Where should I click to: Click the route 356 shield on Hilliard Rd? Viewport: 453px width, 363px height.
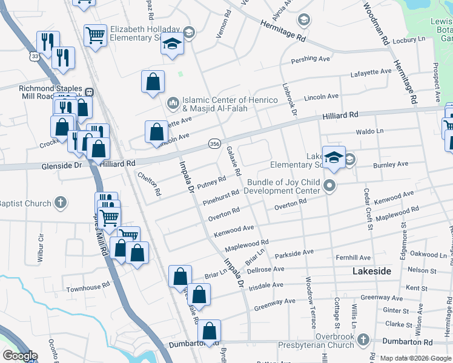pyautogui.click(x=214, y=143)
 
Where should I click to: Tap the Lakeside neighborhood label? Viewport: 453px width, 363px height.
pyautogui.click(x=372, y=272)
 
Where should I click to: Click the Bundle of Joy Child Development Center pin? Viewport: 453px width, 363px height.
pyautogui.click(x=330, y=186)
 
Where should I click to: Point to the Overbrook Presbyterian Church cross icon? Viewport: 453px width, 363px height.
pyautogui.click(x=363, y=339)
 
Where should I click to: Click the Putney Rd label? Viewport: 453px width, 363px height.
pyautogui.click(x=211, y=182)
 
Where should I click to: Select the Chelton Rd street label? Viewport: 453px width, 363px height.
pyautogui.click(x=150, y=184)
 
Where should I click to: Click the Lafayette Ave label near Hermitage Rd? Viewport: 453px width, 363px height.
pyautogui.click(x=371, y=73)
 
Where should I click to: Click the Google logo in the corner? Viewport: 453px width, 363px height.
pyautogui.click(x=20, y=356)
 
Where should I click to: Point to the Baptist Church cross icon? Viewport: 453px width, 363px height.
pyautogui.click(x=61, y=203)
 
